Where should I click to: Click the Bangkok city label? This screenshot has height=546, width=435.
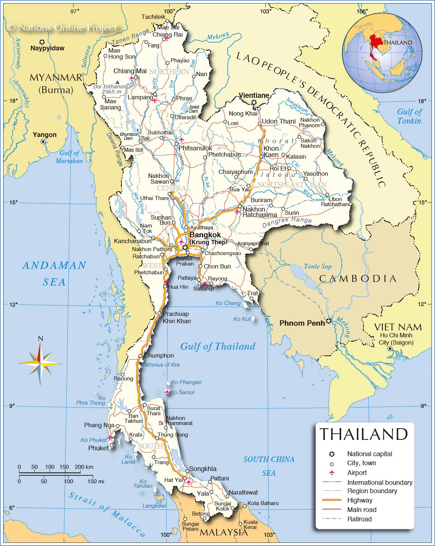(x=205, y=235)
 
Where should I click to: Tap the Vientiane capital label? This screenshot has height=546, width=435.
(x=254, y=95)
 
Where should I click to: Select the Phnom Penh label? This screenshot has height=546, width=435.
(x=302, y=323)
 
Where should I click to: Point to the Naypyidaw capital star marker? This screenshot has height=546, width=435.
(x=42, y=42)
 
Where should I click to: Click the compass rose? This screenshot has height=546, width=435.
(x=40, y=362)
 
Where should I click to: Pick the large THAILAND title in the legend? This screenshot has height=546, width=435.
(x=364, y=434)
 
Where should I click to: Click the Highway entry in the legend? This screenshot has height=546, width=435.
(x=360, y=500)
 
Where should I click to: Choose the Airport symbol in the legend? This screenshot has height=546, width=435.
(x=331, y=472)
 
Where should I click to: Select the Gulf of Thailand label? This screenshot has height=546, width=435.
(x=218, y=346)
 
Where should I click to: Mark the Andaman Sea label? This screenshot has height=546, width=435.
(x=54, y=274)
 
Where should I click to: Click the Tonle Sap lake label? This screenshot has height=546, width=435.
(x=318, y=266)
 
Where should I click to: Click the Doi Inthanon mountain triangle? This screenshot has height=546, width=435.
(x=117, y=82)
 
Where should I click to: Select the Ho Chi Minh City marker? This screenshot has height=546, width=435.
(x=390, y=349)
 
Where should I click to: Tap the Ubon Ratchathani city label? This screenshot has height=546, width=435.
(x=335, y=202)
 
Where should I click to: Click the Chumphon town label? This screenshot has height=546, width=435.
(x=159, y=355)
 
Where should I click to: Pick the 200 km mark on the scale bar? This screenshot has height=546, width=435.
(x=84, y=467)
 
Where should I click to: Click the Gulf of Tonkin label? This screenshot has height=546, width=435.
(x=409, y=116)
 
